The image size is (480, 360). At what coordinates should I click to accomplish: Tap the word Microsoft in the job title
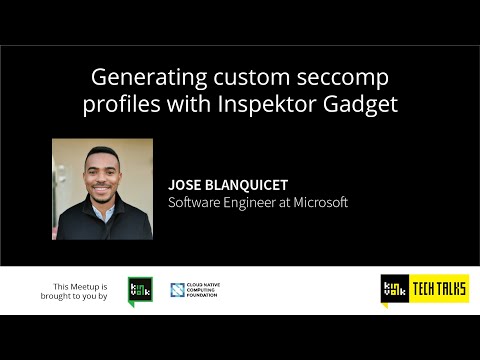315,202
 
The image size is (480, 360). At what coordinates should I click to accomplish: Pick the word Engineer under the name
246,202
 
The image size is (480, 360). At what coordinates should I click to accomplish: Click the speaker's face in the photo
103,171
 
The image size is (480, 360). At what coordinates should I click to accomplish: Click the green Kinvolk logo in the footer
138,291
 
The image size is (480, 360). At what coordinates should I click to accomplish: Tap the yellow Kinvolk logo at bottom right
393,290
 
